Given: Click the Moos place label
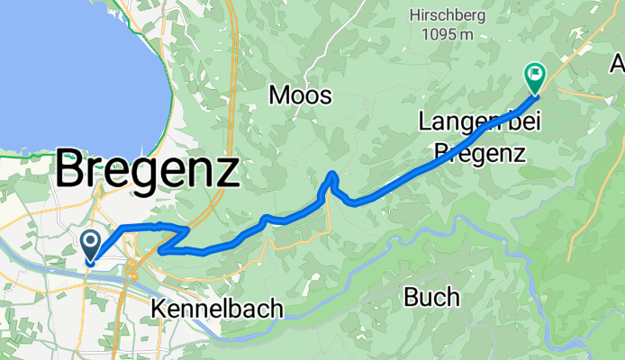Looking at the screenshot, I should click(x=301, y=95).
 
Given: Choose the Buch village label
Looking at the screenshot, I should click(x=431, y=296).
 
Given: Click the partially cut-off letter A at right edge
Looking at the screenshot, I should click(x=618, y=65).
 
